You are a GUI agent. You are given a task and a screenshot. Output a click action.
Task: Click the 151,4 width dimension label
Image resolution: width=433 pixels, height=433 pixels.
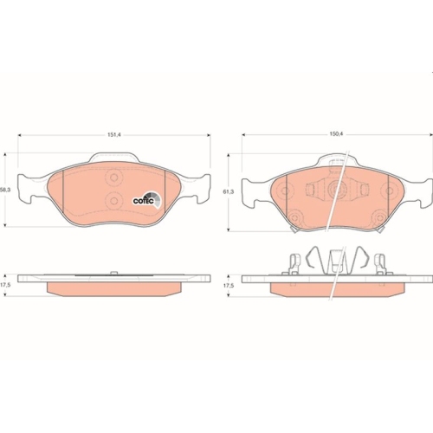(x=113, y=135)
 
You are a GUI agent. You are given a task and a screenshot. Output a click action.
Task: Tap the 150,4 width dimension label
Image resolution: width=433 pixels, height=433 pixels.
(x=336, y=135)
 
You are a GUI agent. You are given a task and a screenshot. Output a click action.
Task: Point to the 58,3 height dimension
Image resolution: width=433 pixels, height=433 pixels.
(x=3, y=191)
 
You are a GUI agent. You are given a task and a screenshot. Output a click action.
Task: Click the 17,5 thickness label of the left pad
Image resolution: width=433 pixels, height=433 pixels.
(x=3, y=284)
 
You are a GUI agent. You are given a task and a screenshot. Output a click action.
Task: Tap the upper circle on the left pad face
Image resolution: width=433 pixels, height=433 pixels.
(x=113, y=177)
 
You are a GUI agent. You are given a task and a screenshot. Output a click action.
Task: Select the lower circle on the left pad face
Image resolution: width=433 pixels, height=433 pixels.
(x=113, y=200)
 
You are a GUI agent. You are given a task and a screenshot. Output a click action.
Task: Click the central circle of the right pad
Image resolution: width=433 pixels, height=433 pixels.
(x=336, y=191)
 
